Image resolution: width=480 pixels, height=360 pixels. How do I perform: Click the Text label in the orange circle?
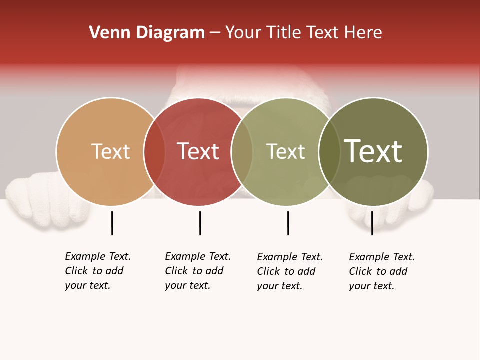pyautogui.click(x=110, y=151)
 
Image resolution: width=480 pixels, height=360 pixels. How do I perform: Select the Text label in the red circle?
pyautogui.click(x=198, y=151)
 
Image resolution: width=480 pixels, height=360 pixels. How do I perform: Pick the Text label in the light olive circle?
pyautogui.click(x=285, y=151)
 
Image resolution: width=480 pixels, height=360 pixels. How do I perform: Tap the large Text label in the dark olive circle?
pyautogui.click(x=373, y=151)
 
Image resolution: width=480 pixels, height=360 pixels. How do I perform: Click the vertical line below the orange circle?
pyautogui.click(x=112, y=223)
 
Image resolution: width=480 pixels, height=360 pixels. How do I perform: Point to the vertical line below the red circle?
pyautogui.click(x=200, y=223)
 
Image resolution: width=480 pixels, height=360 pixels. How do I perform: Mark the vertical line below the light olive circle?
pyautogui.click(x=288, y=223)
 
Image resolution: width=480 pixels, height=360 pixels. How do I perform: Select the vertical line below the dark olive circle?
pyautogui.click(x=372, y=223)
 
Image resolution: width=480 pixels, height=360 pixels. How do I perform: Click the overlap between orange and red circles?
pyautogui.click(x=154, y=151)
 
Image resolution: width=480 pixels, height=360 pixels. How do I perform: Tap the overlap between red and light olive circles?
pyautogui.click(x=242, y=151)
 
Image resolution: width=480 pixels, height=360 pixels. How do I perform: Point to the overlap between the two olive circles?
pyautogui.click(x=329, y=151)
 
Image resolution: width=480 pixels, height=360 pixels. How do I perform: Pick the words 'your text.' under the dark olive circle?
pyautogui.click(x=371, y=286)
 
